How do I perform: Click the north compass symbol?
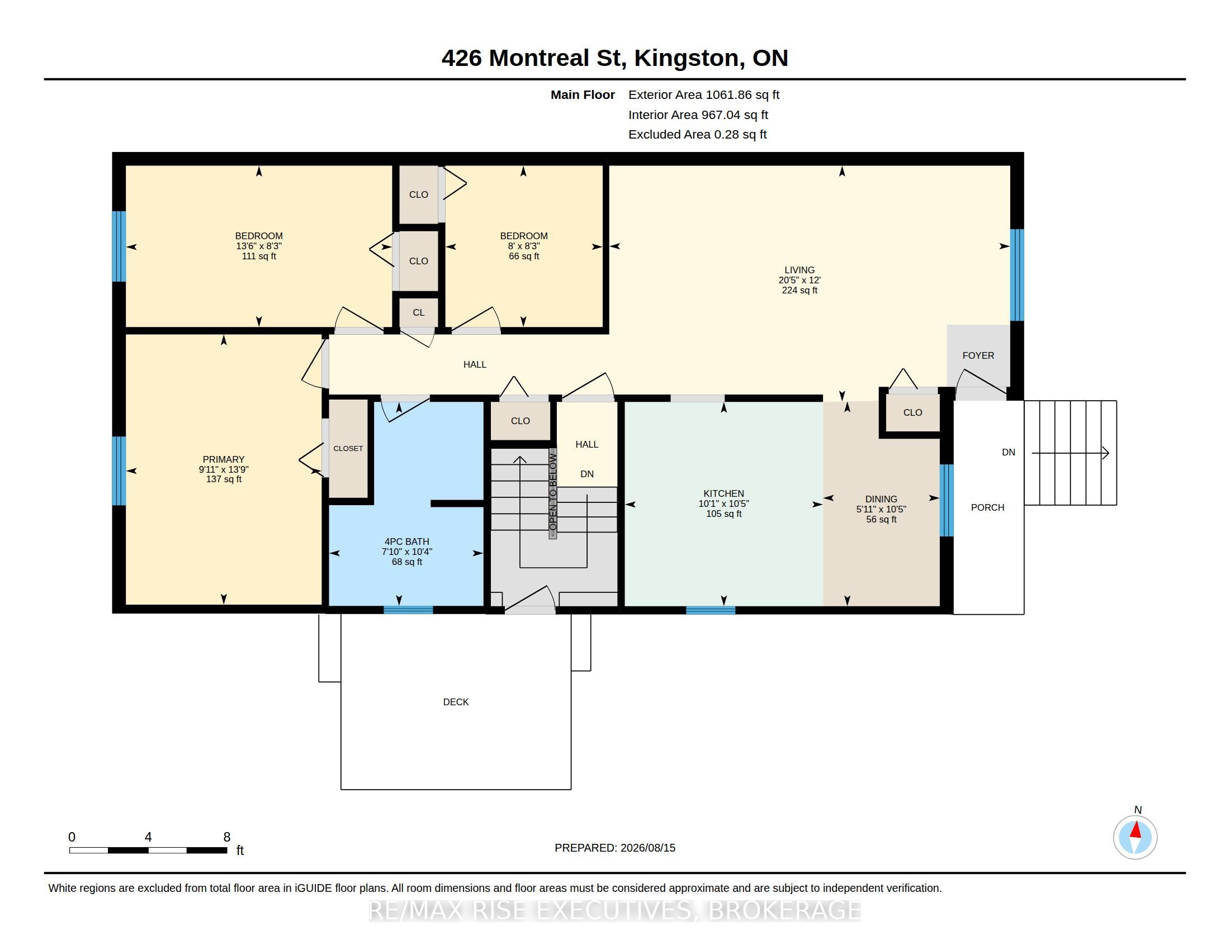(x=1135, y=837)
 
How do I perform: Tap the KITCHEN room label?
(x=723, y=493)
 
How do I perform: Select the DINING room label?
(x=881, y=499)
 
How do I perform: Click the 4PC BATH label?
(x=406, y=542)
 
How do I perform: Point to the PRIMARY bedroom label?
(x=224, y=459)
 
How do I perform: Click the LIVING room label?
(x=799, y=270)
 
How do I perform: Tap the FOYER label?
(x=978, y=355)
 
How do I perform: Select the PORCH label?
(x=987, y=507)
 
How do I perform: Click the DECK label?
(x=456, y=702)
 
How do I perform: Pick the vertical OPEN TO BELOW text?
(x=553, y=493)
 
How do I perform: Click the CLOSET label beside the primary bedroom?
(x=348, y=449)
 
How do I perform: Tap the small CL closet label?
(x=418, y=313)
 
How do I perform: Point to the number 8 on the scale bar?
(x=227, y=837)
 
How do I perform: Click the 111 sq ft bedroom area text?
(x=259, y=256)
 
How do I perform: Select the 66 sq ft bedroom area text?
(x=524, y=256)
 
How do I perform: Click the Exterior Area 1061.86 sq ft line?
(x=703, y=95)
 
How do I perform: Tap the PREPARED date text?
(x=615, y=848)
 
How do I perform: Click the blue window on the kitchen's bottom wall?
(x=710, y=610)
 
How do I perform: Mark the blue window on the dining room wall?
(x=947, y=500)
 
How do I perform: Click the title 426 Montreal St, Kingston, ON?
(x=615, y=58)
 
